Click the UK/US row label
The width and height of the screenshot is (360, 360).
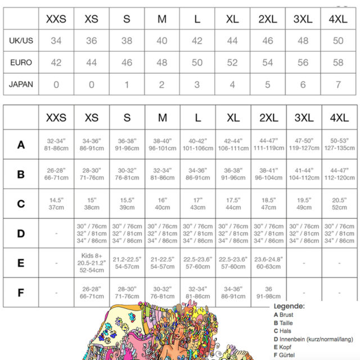pyautogui.click(x=21, y=41)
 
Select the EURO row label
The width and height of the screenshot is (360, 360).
pyautogui.click(x=21, y=62)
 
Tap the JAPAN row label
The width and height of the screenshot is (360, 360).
pyautogui.click(x=21, y=84)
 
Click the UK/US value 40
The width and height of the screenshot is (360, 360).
pyautogui.click(x=162, y=41)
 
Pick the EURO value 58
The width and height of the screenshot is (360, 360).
pyautogui.click(x=338, y=62)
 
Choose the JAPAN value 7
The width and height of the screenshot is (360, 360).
pyautogui.click(x=338, y=84)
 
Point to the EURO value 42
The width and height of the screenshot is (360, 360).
pyautogui.click(x=56, y=62)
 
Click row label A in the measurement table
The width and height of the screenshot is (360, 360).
pyautogui.click(x=21, y=145)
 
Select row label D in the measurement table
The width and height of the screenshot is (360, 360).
pyautogui.click(x=21, y=233)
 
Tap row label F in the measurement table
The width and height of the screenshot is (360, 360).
pyautogui.click(x=21, y=292)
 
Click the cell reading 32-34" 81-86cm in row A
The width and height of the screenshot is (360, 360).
pyautogui.click(x=56, y=145)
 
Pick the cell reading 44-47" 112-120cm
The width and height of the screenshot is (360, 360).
pyautogui.click(x=338, y=174)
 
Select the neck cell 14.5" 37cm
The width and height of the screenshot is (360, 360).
pyautogui.click(x=56, y=204)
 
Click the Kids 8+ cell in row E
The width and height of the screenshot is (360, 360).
pyautogui.click(x=92, y=262)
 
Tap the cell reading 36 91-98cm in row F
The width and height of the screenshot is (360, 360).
pyautogui.click(x=268, y=292)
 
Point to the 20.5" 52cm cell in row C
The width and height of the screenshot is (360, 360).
pyautogui.click(x=338, y=204)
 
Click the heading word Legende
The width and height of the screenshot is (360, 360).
pyautogui.click(x=289, y=307)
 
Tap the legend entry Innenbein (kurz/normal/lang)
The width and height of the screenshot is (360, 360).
pyautogui.click(x=312, y=339)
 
